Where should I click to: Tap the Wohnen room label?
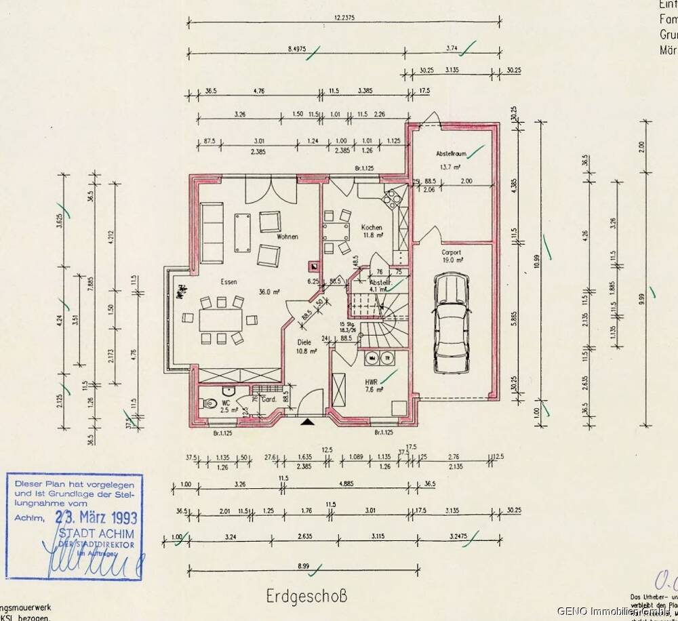click(x=288, y=237)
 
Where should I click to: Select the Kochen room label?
click(x=372, y=228)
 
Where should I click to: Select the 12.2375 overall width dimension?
click(x=345, y=17)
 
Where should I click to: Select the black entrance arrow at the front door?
click(x=308, y=422)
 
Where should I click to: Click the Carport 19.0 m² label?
click(x=452, y=256)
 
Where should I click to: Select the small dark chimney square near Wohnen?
click(x=313, y=266)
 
